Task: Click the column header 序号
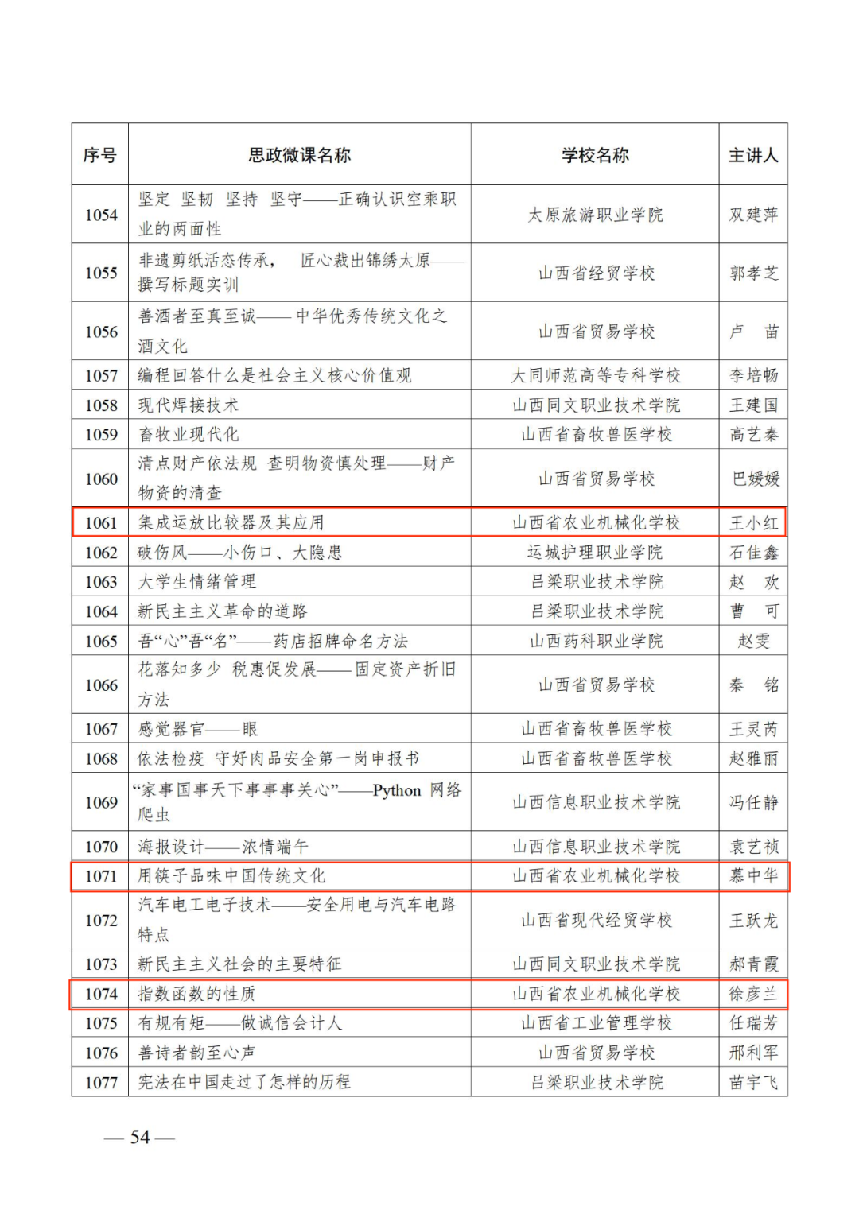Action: pyautogui.click(x=99, y=155)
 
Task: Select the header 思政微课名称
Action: pyautogui.click(x=299, y=155)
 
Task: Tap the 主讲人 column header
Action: pyautogui.click(x=752, y=155)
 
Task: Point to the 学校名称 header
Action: pyautogui.click(x=595, y=155)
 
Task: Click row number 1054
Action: pyautogui.click(x=101, y=215)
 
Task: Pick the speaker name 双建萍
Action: pyautogui.click(x=753, y=215)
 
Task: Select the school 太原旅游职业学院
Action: pyautogui.click(x=595, y=215)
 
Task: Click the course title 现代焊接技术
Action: pyautogui.click(x=189, y=405)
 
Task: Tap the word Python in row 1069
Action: pyautogui.click(x=396, y=790)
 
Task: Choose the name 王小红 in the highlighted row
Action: pyautogui.click(x=753, y=523)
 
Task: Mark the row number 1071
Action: pyautogui.click(x=101, y=876)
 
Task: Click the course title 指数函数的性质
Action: pyautogui.click(x=196, y=994)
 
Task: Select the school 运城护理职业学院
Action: pyautogui.click(x=595, y=553)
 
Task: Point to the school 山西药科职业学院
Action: pyautogui.click(x=596, y=641)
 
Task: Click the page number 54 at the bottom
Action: pyautogui.click(x=140, y=1138)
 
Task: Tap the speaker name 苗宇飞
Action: pyautogui.click(x=753, y=1082)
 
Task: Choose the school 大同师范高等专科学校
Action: pyautogui.click(x=595, y=375)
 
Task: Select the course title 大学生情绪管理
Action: pyautogui.click(x=197, y=582)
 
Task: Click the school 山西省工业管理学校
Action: pyautogui.click(x=596, y=1023)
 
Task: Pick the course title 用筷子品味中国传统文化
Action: pyautogui.click(x=231, y=876)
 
